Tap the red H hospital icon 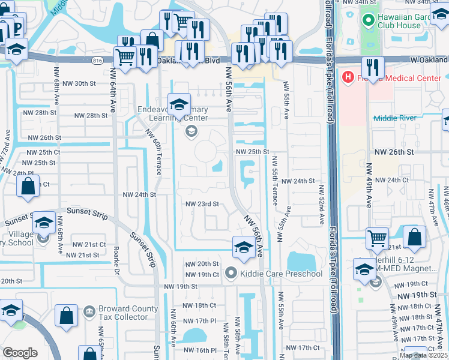(346, 77)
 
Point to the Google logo (20, 353)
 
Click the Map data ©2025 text (423, 355)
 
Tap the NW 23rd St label (202, 204)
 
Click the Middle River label (394, 118)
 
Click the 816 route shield (97, 61)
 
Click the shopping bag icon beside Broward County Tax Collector (67, 315)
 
